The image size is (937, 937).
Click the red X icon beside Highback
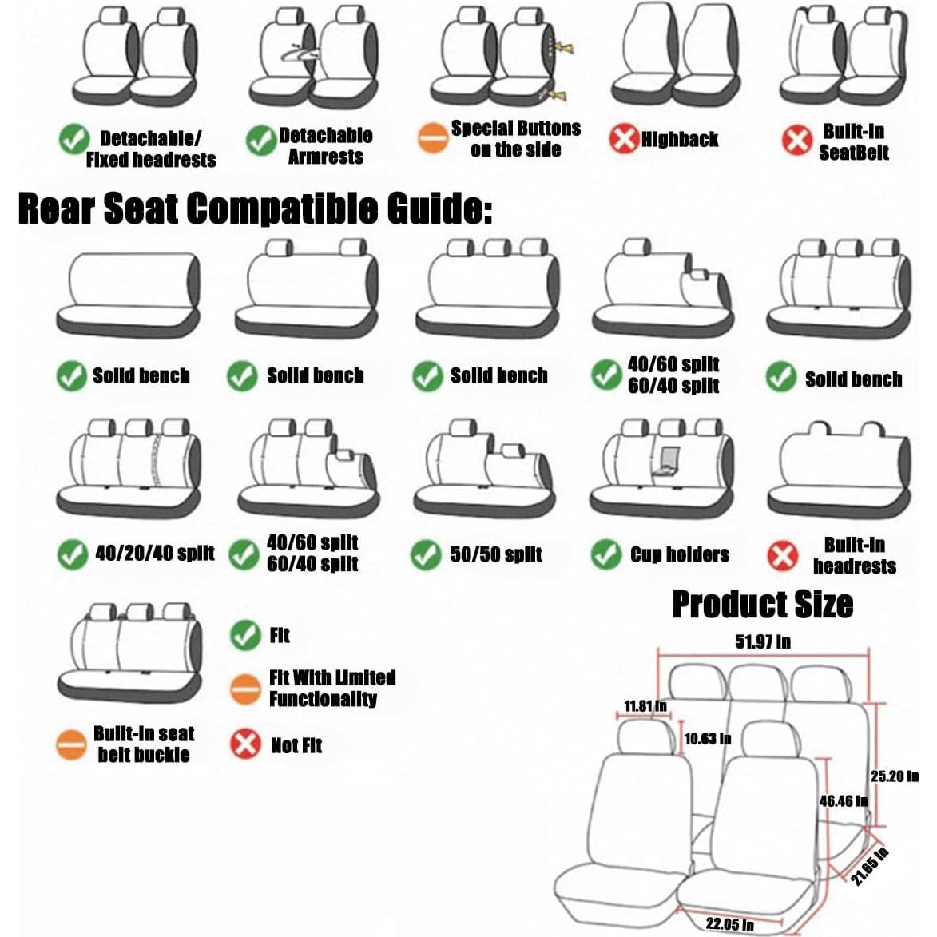click(624, 139)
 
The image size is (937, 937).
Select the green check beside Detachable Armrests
click(260, 141)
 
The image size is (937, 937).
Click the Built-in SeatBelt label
click(853, 142)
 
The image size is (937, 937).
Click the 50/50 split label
click(496, 555)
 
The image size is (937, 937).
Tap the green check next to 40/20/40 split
click(73, 554)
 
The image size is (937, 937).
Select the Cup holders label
click(679, 555)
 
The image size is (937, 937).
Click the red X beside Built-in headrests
click(782, 556)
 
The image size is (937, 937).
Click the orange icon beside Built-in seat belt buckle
click(71, 744)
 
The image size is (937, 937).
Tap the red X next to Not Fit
click(245, 744)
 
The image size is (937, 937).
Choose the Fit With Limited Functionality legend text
click(332, 689)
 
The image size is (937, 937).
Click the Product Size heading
click(762, 605)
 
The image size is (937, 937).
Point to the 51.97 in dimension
click(763, 642)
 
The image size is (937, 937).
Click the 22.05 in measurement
click(730, 924)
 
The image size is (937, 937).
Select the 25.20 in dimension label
click(894, 776)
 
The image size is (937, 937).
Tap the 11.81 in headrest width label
click(645, 706)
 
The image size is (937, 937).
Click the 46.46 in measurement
click(843, 800)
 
